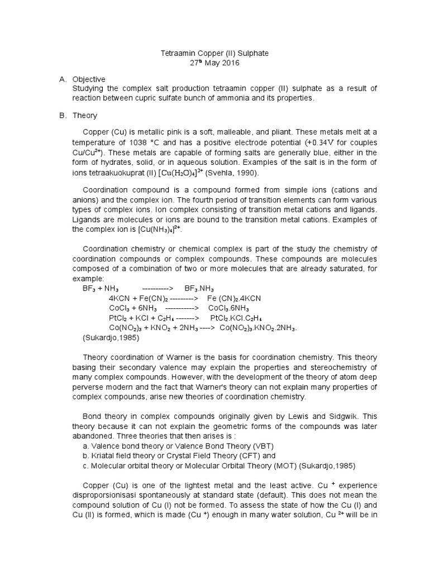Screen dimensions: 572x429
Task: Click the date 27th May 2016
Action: [215, 63]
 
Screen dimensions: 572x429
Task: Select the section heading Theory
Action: [84, 116]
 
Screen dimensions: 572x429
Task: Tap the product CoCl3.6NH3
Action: [229, 308]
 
